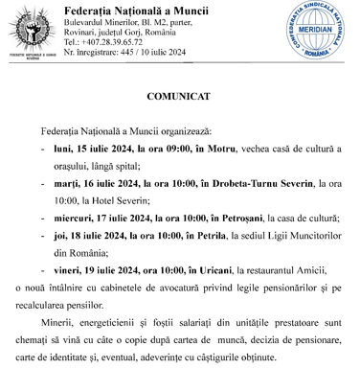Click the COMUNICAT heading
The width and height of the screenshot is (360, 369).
coord(179,97)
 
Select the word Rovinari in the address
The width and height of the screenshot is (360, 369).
coord(81,32)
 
